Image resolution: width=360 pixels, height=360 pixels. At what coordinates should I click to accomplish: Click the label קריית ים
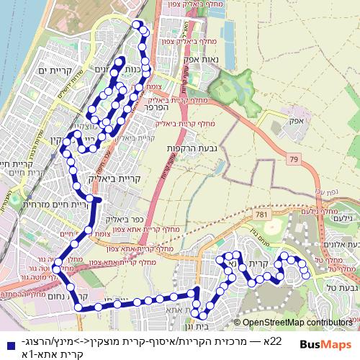pos(54,70)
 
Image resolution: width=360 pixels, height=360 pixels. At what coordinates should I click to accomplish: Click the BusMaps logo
pos(323,343)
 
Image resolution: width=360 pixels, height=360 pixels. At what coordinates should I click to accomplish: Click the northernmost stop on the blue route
pos(142,28)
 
